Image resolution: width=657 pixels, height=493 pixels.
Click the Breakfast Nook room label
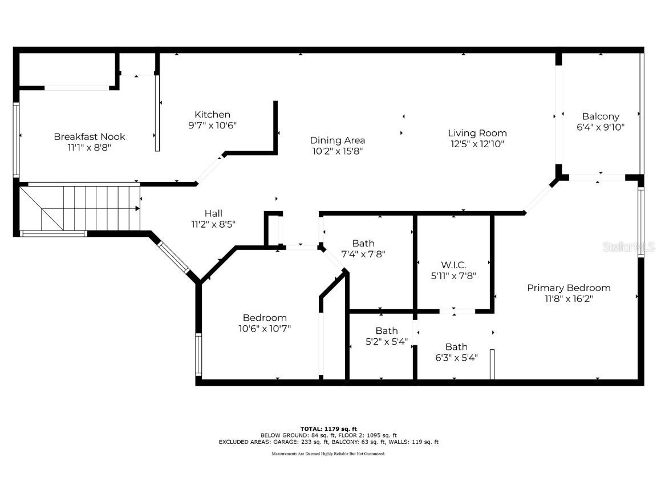click(x=90, y=136)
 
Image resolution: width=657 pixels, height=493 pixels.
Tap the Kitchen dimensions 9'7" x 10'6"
click(x=212, y=126)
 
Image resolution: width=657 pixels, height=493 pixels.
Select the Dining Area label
click(x=337, y=140)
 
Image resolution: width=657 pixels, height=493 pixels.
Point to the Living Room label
click(x=477, y=134)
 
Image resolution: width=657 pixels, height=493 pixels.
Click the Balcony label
click(x=601, y=116)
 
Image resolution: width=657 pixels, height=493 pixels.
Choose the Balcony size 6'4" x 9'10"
click(x=601, y=127)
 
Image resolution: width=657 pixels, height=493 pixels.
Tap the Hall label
click(x=213, y=213)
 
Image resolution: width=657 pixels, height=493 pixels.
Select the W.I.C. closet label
click(x=453, y=265)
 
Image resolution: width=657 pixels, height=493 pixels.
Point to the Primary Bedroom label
click(x=568, y=288)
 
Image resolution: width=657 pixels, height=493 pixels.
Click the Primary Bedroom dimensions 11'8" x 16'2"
click(x=568, y=298)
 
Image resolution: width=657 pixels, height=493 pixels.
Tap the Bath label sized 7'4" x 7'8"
click(x=363, y=244)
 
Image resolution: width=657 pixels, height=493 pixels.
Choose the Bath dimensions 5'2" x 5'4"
click(x=386, y=342)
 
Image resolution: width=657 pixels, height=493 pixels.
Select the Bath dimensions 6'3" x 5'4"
click(x=456, y=358)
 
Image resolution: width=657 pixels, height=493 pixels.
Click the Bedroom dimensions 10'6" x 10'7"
click(x=265, y=329)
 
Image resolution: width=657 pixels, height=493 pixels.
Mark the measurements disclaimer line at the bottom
click(x=328, y=454)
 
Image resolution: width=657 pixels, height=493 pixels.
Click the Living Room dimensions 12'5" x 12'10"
click(x=477, y=144)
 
